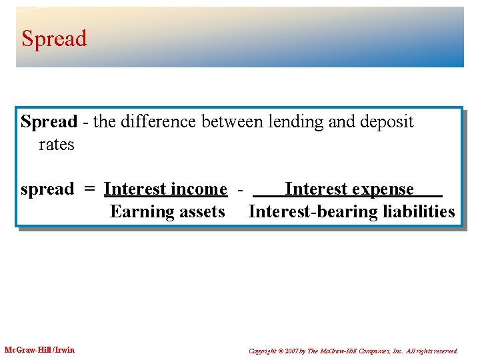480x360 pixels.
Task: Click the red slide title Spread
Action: point(54,39)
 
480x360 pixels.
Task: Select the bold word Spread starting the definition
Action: point(49,122)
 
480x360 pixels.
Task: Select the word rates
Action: point(57,144)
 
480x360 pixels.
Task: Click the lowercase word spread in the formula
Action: point(47,190)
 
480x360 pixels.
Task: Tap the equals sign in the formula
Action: point(89,189)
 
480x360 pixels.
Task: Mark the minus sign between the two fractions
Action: point(239,189)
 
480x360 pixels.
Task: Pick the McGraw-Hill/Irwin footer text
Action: point(39,350)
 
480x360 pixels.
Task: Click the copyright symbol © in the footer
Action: point(283,351)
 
